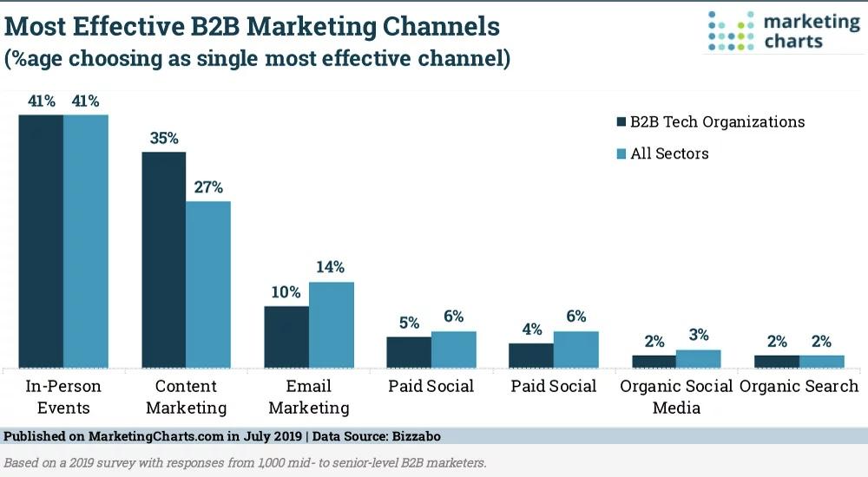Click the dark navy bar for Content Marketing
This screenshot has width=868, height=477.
164,260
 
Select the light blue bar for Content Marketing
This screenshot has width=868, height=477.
208,284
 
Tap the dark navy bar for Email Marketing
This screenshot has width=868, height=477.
286,337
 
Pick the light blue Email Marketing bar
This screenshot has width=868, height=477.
331,325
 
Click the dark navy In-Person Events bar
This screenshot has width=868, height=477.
41,241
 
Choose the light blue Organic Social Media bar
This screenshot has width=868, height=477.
699,359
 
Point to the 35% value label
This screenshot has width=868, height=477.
164,138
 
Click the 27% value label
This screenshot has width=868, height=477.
208,187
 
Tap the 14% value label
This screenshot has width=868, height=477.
331,267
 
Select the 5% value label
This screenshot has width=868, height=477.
410,323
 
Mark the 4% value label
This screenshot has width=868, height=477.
532,330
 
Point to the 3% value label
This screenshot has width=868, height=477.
699,335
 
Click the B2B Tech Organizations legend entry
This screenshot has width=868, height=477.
711,121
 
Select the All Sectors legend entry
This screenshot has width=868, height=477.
662,154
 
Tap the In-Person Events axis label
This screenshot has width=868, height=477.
63,396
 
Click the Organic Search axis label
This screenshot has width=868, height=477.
799,386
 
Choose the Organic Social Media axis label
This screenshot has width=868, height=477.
676,396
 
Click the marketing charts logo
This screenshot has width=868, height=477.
784,31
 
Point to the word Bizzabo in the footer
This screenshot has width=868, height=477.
417,436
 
